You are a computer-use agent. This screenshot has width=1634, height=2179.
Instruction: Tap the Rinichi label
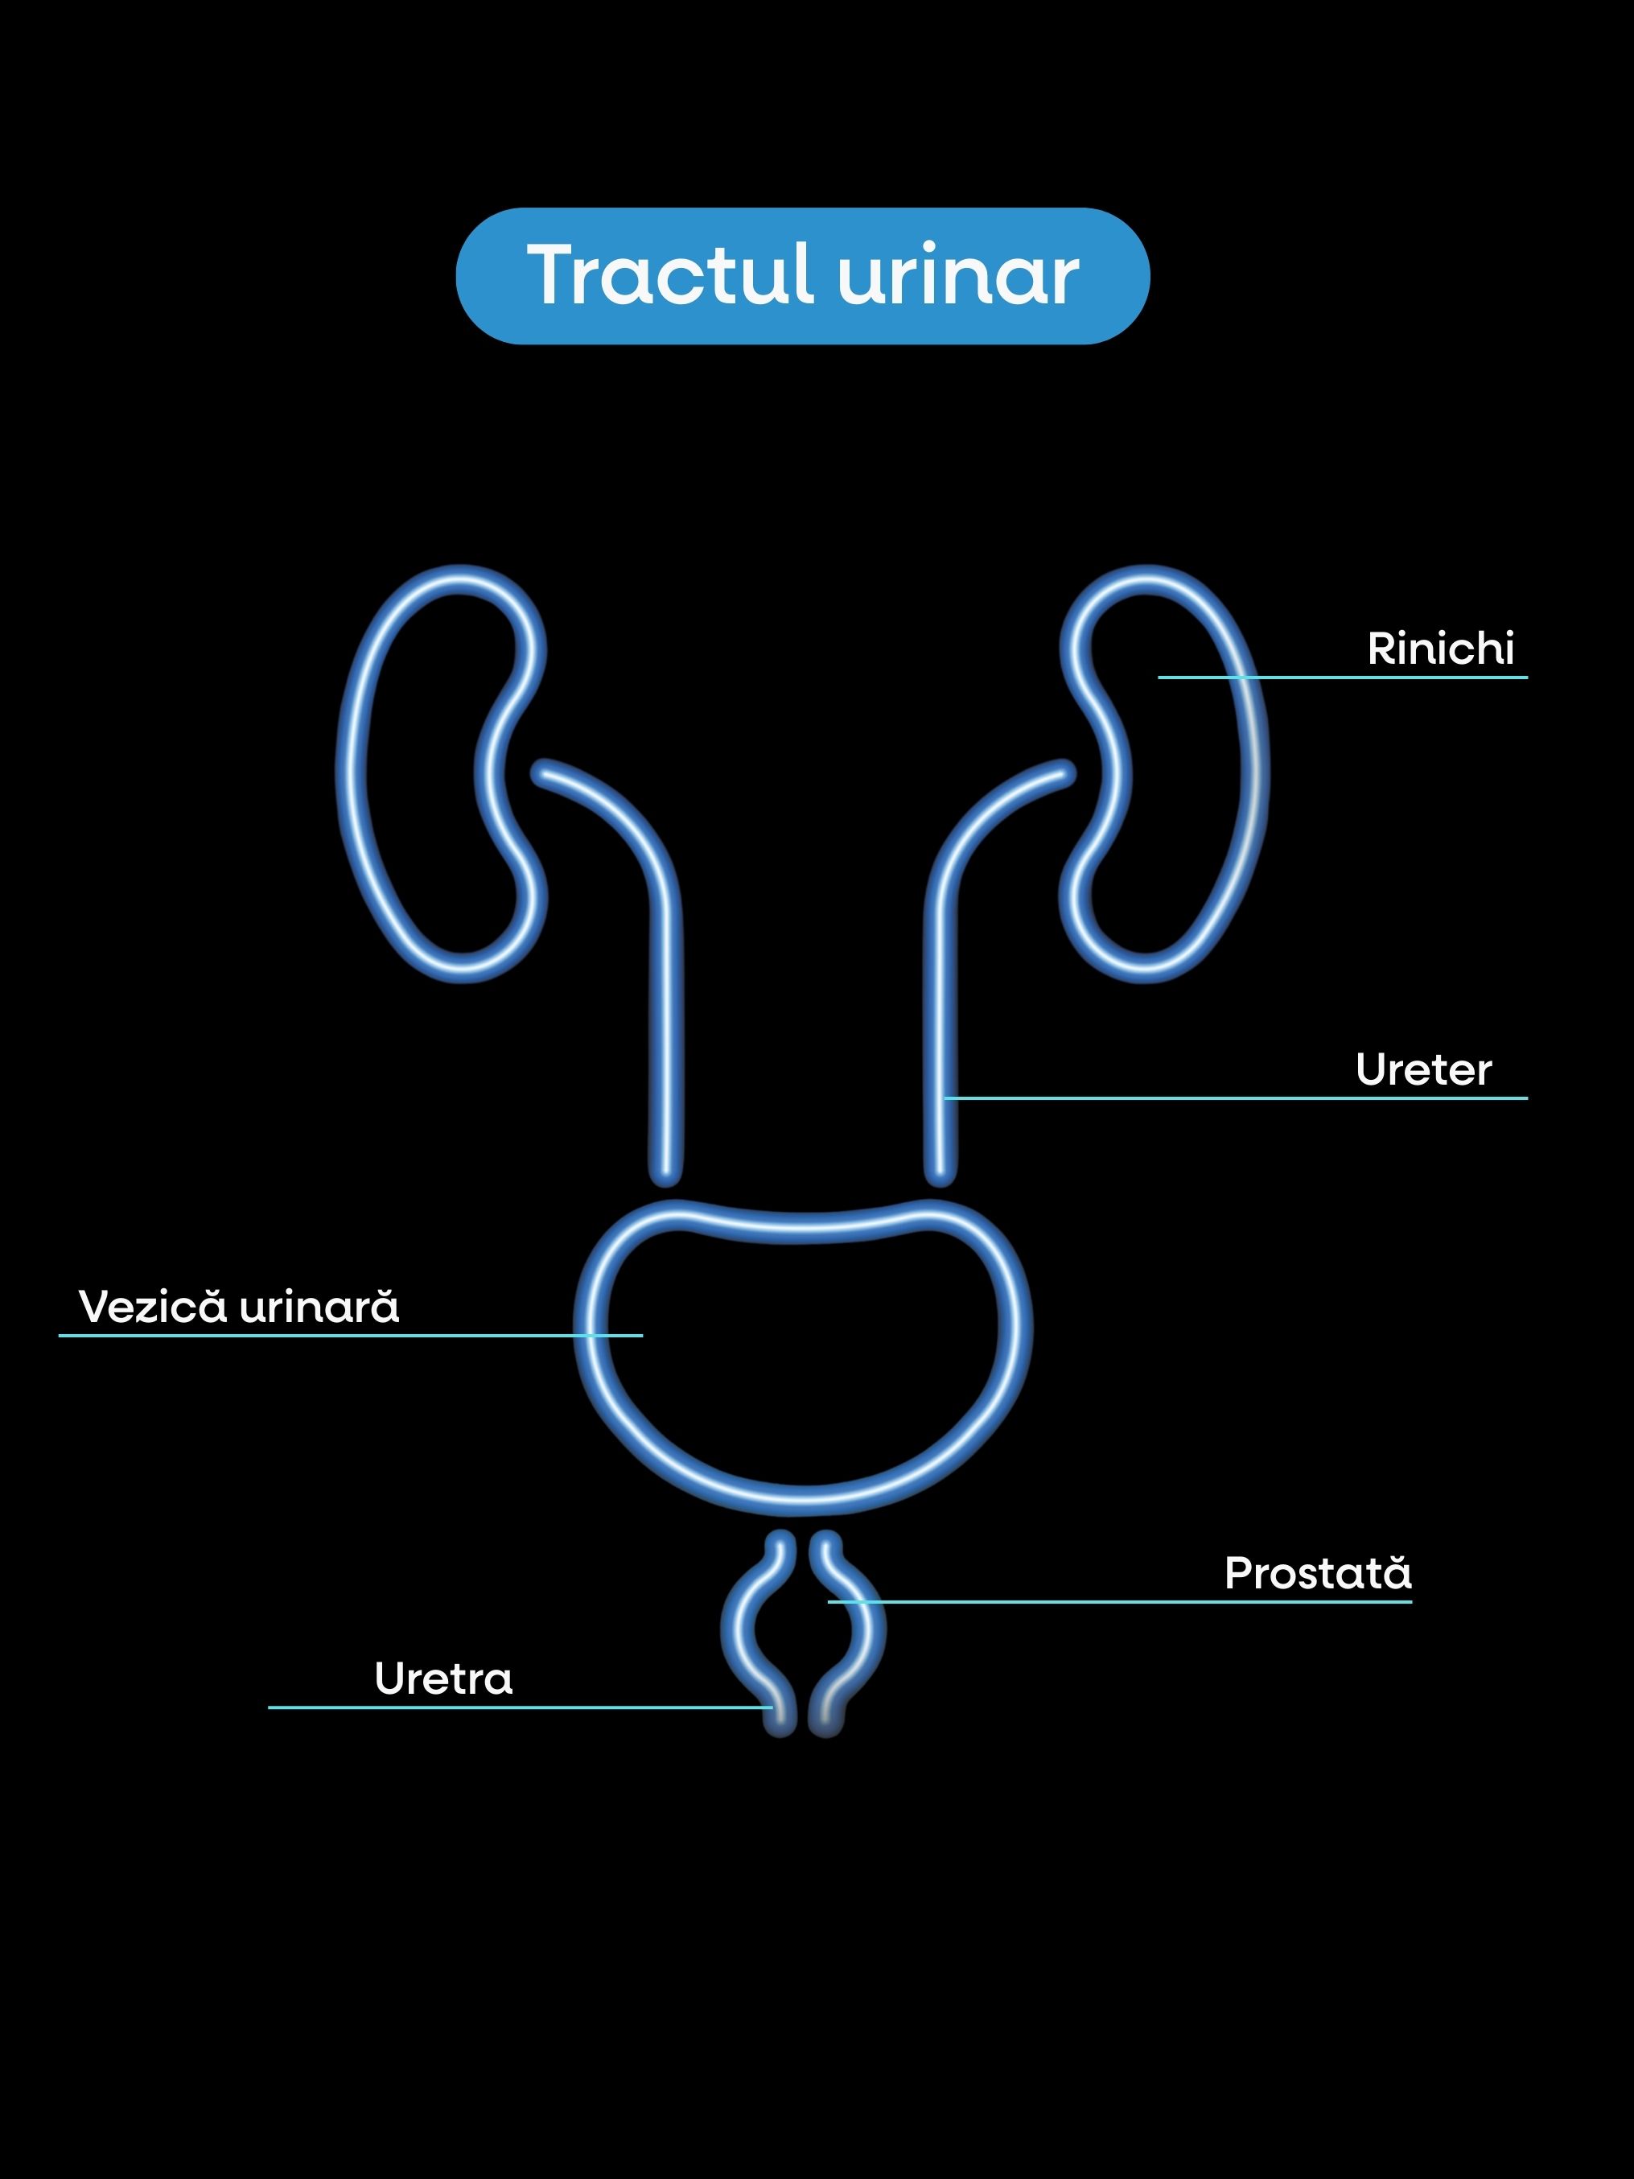(1440, 649)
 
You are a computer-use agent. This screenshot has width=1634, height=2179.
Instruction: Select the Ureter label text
(1423, 1070)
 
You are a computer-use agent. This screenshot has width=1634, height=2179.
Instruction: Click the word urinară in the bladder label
(319, 1306)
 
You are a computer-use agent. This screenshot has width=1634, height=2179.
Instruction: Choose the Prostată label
(1317, 1573)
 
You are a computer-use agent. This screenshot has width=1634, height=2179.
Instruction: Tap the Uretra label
(443, 1679)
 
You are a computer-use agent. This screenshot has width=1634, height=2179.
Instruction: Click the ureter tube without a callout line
(666, 1034)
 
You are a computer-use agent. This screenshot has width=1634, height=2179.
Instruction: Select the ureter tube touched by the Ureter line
(940, 1034)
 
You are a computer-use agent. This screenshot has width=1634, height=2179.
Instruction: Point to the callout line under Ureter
(1231, 1098)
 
